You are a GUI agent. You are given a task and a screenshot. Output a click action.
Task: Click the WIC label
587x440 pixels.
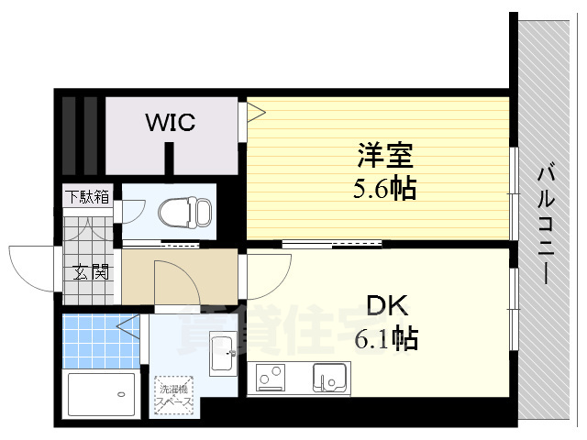[x=169, y=122]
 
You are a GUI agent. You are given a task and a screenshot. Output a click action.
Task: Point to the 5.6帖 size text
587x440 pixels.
[x=384, y=189]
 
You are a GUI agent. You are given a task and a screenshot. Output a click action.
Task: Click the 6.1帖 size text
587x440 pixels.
[x=386, y=340]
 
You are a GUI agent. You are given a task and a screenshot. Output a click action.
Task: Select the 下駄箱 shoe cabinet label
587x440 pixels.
[x=87, y=195]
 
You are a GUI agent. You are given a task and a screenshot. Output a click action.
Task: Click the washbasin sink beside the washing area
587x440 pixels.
[x=222, y=354]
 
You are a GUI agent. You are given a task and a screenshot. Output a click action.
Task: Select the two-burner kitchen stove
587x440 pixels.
[x=272, y=377]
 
